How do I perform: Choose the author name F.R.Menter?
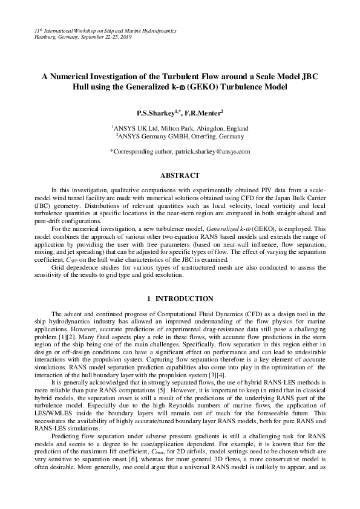[206, 112]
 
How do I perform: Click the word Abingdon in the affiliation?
[209, 128]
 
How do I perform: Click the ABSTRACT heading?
[179, 175]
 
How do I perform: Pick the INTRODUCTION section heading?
[184, 299]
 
